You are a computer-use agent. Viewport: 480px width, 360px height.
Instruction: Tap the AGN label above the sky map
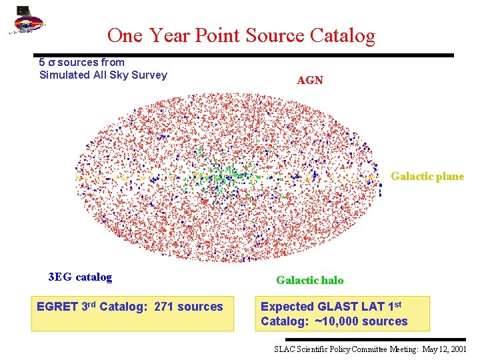[x=310, y=80]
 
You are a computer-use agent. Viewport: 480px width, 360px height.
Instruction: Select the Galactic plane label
[x=427, y=177]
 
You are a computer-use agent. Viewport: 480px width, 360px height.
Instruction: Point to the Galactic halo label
[x=310, y=281]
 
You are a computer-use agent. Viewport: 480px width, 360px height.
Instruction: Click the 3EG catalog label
[x=80, y=277]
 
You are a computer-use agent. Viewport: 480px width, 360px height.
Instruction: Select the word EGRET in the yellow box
[x=57, y=307]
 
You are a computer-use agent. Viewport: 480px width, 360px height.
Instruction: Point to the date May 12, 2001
[x=445, y=349]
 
